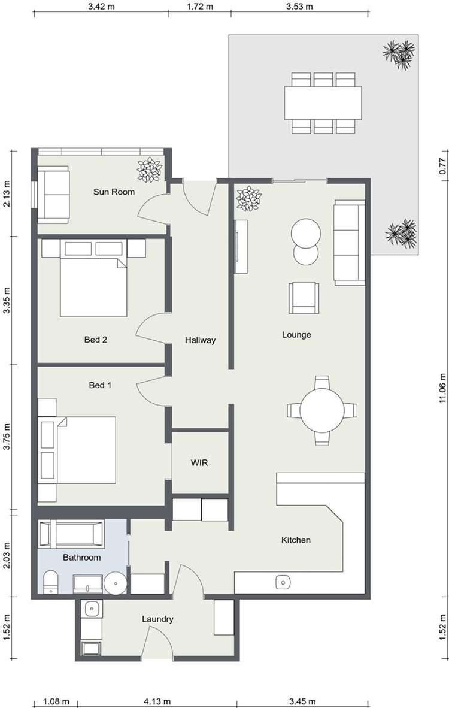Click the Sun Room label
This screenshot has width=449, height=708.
(114, 192)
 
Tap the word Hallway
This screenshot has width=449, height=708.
(200, 340)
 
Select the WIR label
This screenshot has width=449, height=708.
(199, 463)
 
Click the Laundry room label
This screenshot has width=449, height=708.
(157, 619)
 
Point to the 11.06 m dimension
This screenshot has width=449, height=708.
(442, 389)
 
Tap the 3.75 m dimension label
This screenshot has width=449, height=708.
(7, 437)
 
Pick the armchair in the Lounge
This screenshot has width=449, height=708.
(304, 298)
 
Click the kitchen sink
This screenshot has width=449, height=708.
(283, 581)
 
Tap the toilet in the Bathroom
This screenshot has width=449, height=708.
(51, 582)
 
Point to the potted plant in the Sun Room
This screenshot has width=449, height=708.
(148, 170)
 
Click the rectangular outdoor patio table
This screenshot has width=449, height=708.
(323, 102)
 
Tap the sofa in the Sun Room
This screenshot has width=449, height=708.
(52, 193)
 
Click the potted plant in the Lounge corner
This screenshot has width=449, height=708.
(247, 199)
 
